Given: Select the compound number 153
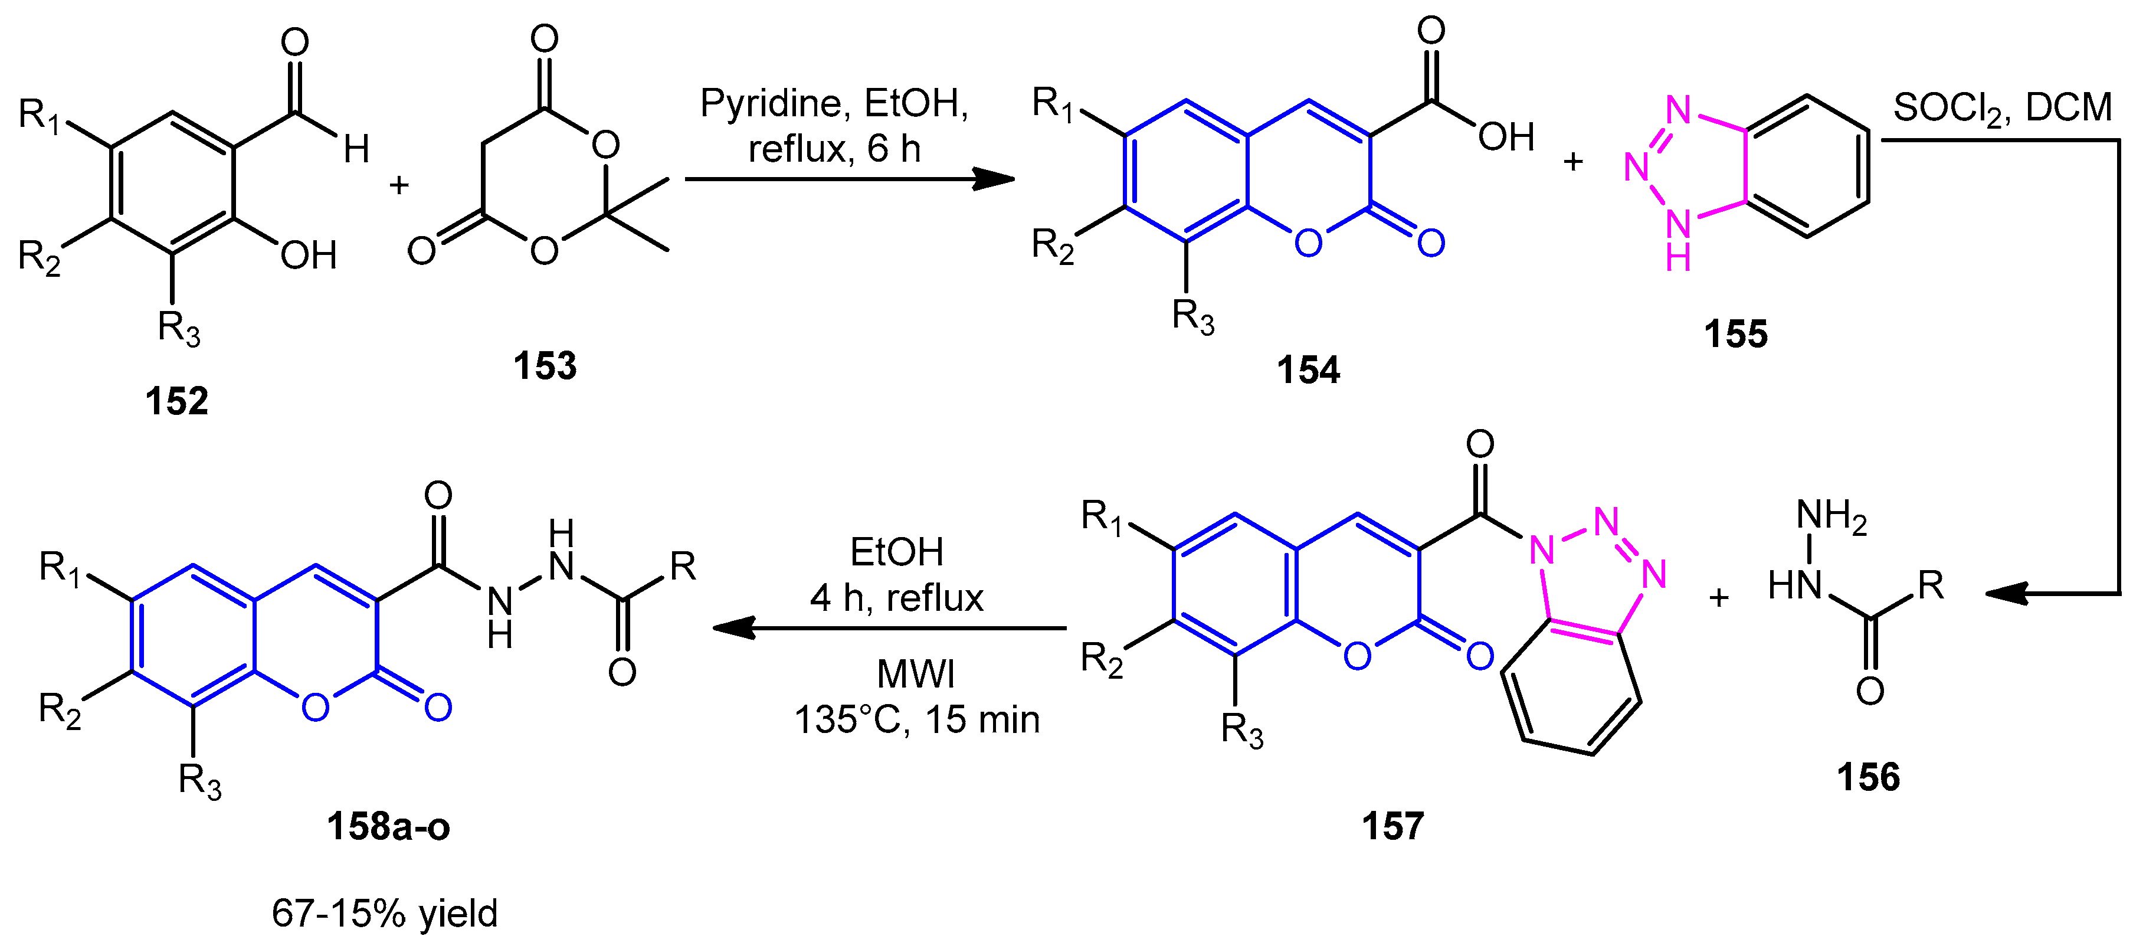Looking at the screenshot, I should coord(544,366).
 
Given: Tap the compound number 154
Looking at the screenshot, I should coord(1308,370).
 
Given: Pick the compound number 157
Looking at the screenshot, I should coord(1392,826).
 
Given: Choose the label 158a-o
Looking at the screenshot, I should coord(388,826).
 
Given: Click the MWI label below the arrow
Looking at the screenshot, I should coord(915,674).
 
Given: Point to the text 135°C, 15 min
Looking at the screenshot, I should coord(916,719).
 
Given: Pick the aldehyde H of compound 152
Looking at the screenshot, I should coord(356,150).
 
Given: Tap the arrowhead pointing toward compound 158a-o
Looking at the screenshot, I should coord(733,629).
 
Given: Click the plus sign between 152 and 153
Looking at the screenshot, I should coord(399,185).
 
